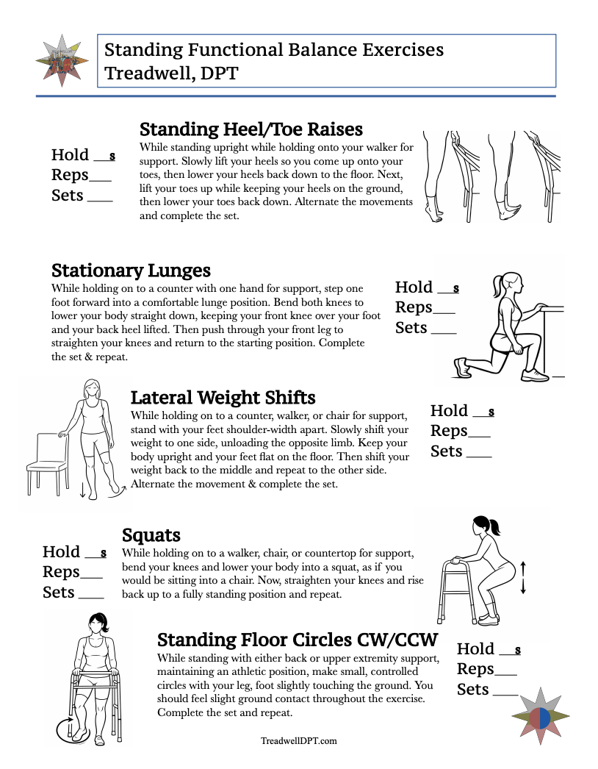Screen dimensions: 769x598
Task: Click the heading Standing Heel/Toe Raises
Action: (x=251, y=129)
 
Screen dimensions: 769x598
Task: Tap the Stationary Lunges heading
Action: (x=131, y=270)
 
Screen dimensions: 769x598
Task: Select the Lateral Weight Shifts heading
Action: (x=223, y=398)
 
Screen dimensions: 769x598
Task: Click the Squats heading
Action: (x=151, y=534)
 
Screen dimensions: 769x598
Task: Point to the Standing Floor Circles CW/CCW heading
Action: (x=298, y=638)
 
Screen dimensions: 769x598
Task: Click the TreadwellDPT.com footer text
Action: (x=299, y=741)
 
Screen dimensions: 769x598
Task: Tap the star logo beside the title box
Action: (x=62, y=60)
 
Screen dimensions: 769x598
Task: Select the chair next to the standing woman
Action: (x=46, y=462)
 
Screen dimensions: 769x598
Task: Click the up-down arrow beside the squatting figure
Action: (x=523, y=577)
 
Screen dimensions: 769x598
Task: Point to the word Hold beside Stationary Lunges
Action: (x=414, y=287)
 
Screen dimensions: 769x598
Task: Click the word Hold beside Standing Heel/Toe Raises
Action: (x=70, y=155)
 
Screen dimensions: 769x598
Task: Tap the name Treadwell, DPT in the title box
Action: (x=171, y=74)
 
